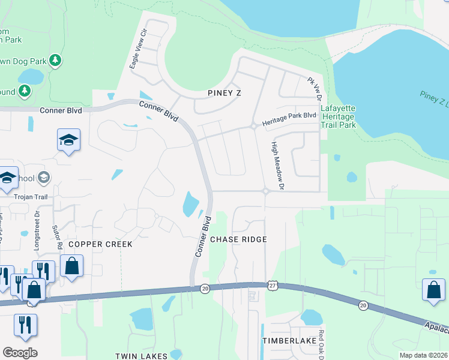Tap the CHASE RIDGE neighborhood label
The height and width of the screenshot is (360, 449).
[238, 239]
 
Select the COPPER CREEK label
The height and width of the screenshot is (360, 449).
[100, 245]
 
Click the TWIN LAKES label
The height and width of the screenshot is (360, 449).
[142, 356]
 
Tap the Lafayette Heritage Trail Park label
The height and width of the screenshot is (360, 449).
[338, 117]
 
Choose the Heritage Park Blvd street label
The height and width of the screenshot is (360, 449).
[289, 115]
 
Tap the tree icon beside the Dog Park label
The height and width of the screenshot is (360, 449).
[55, 60]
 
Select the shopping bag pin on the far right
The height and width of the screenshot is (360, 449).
[433, 290]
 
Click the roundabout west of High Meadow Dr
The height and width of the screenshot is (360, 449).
[265, 191]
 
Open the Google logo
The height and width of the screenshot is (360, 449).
[20, 353]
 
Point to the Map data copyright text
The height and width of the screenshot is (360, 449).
[423, 355]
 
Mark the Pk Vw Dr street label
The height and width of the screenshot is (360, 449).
[315, 89]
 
